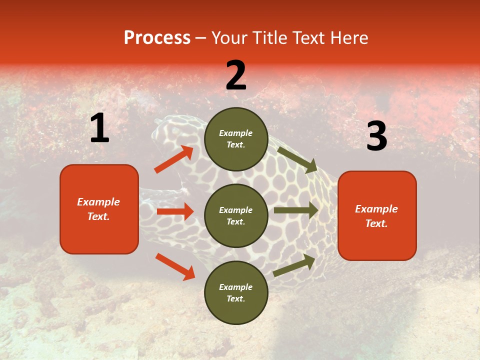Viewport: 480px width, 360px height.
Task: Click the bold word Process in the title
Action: pyautogui.click(x=157, y=37)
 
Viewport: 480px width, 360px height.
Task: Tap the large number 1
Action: pyautogui.click(x=99, y=128)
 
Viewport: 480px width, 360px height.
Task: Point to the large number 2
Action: pyautogui.click(x=236, y=75)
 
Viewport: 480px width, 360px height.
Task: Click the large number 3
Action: pyautogui.click(x=376, y=136)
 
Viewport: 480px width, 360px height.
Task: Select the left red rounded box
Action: pyautogui.click(x=99, y=209)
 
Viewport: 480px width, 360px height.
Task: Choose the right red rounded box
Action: pyautogui.click(x=377, y=215)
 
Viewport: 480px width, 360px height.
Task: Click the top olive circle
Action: pyautogui.click(x=236, y=139)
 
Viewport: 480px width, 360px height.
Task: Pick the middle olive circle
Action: pyautogui.click(x=236, y=215)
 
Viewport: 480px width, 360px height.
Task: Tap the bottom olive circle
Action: pyautogui.click(x=236, y=292)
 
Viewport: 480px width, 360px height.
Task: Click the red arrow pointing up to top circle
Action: pyautogui.click(x=174, y=159)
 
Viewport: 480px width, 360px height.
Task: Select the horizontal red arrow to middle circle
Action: pyautogui.click(x=175, y=211)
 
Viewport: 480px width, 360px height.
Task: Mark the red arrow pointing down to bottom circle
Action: pyautogui.click(x=175, y=266)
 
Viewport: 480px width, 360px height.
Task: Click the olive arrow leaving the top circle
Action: pyautogui.click(x=297, y=159)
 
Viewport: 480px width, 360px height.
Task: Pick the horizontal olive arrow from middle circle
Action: pyautogui.click(x=296, y=210)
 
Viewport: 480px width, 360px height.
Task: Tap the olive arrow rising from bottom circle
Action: pyautogui.click(x=294, y=265)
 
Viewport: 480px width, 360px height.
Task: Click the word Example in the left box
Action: pyautogui.click(x=98, y=202)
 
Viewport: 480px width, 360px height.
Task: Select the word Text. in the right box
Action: pyautogui.click(x=376, y=223)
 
